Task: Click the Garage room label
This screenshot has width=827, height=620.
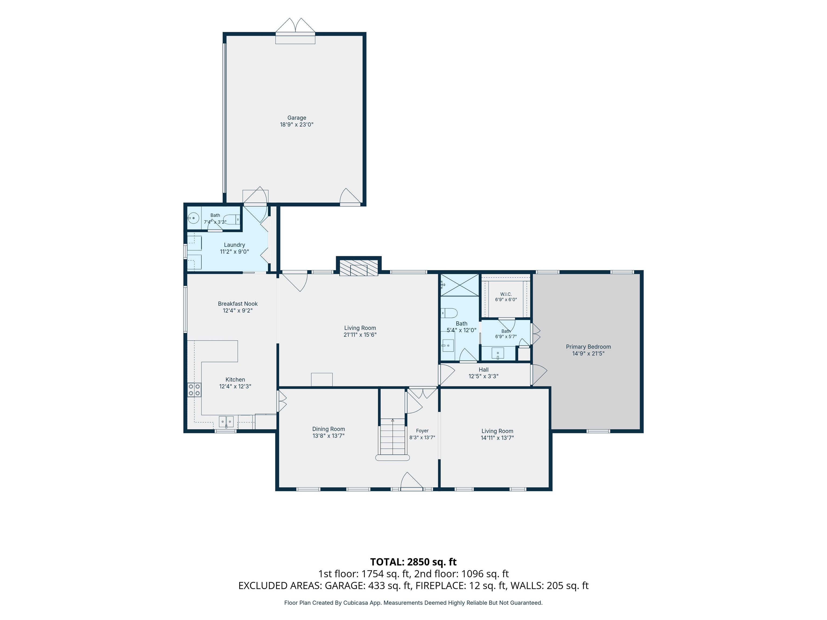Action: (x=296, y=118)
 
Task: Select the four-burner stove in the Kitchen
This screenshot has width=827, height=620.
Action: (x=194, y=390)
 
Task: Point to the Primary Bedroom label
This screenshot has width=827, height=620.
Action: (x=588, y=347)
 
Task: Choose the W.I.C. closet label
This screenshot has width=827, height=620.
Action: (x=506, y=294)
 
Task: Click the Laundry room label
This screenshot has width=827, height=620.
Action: (x=234, y=245)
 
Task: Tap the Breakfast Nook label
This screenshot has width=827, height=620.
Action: (x=238, y=304)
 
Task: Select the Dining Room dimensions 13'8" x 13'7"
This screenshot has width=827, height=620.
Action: (x=329, y=436)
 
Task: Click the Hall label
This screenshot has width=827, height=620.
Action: (x=483, y=370)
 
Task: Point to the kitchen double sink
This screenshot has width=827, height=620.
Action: (x=226, y=422)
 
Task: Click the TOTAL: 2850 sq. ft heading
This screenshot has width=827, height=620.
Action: (x=413, y=562)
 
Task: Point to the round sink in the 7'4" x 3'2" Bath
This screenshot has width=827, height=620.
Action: (x=193, y=217)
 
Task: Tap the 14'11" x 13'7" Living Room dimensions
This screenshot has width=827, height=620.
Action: (x=497, y=438)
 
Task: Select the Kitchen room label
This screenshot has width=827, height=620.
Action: (x=235, y=380)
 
